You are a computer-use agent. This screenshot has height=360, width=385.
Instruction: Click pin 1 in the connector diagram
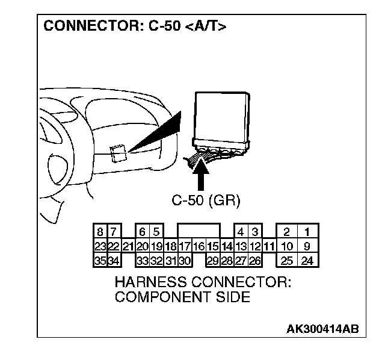pyautogui.click(x=307, y=232)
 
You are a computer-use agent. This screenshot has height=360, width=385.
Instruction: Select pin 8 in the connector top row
pyautogui.click(x=99, y=232)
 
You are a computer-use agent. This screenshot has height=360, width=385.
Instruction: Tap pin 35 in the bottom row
pyautogui.click(x=99, y=260)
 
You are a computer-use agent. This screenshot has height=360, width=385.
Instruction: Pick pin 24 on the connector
pyautogui.click(x=307, y=260)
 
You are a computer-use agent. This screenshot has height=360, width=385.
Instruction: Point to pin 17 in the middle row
pyautogui.click(x=185, y=246)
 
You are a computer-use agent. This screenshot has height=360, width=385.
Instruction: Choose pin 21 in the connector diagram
pyautogui.click(x=128, y=246)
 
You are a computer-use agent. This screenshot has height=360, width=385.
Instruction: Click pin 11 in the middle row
pyautogui.click(x=269, y=246)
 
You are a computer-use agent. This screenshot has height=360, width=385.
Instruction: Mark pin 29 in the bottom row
pyautogui.click(x=212, y=260)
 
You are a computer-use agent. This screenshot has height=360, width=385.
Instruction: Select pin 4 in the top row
pyautogui.click(x=241, y=232)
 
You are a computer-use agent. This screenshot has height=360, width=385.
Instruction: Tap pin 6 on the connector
pyautogui.click(x=142, y=232)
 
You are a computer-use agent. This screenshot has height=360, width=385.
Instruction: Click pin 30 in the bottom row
pyautogui.click(x=185, y=260)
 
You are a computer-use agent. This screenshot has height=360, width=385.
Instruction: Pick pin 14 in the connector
pyautogui.click(x=227, y=246)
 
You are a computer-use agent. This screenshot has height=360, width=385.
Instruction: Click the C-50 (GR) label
pyautogui.click(x=206, y=201)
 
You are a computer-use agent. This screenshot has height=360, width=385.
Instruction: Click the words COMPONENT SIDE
pyautogui.click(x=182, y=297)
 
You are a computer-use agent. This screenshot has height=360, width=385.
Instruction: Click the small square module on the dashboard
pyautogui.click(x=118, y=153)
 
